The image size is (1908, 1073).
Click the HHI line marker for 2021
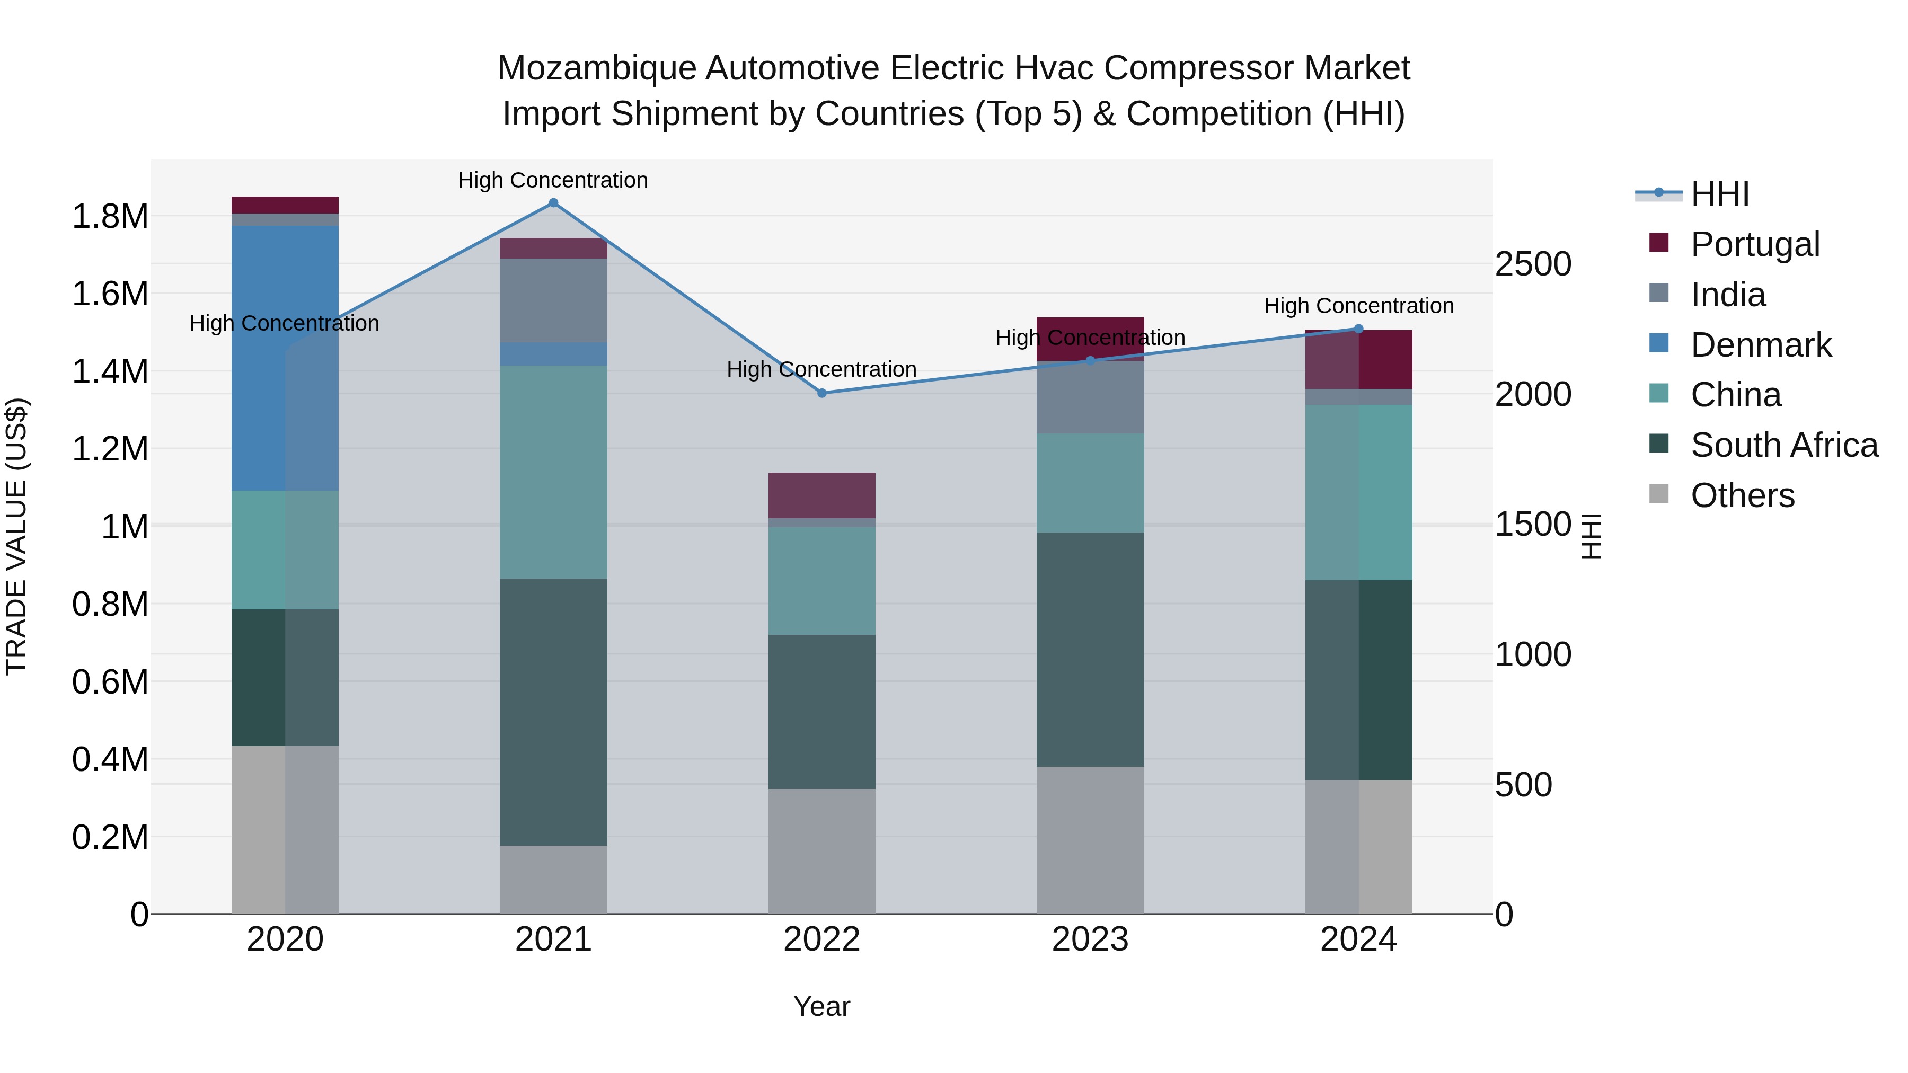click(553, 203)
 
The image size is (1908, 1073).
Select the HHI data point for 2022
click(821, 393)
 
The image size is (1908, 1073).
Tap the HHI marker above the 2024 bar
click(1358, 329)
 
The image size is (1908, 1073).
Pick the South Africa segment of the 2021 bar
click(553, 712)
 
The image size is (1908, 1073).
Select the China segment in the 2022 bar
click(821, 581)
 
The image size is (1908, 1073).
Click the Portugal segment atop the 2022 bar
click(821, 495)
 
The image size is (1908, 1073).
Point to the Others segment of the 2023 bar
click(1090, 840)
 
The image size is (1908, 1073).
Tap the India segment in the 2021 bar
click(553, 300)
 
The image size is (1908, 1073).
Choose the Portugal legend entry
click(1755, 244)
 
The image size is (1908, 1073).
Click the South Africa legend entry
click(1783, 445)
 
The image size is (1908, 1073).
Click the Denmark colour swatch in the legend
click(1659, 343)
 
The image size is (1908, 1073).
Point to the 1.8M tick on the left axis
click(110, 216)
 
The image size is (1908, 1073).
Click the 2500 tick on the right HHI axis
click(1532, 264)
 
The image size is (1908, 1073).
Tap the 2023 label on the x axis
click(1090, 939)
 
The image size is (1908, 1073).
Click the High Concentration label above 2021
click(553, 180)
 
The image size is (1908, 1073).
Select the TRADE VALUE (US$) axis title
click(16, 536)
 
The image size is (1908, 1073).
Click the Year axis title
click(821, 1006)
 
